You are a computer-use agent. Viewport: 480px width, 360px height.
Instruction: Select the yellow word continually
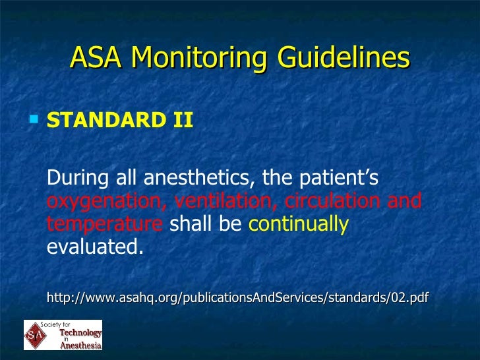click(x=298, y=224)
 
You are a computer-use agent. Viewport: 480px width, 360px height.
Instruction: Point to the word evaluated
click(x=95, y=248)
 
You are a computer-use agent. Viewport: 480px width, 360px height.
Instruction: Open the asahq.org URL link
click(x=237, y=299)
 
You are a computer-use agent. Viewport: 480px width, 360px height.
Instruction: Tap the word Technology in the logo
click(x=82, y=332)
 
